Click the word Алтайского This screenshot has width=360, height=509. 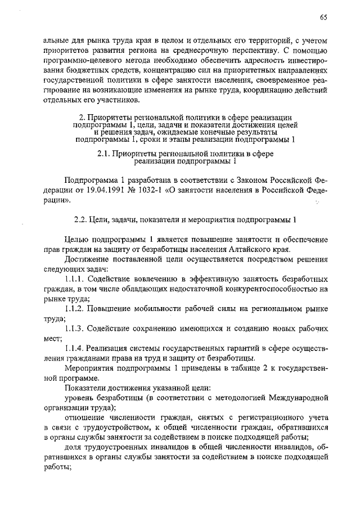(x=246, y=249)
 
